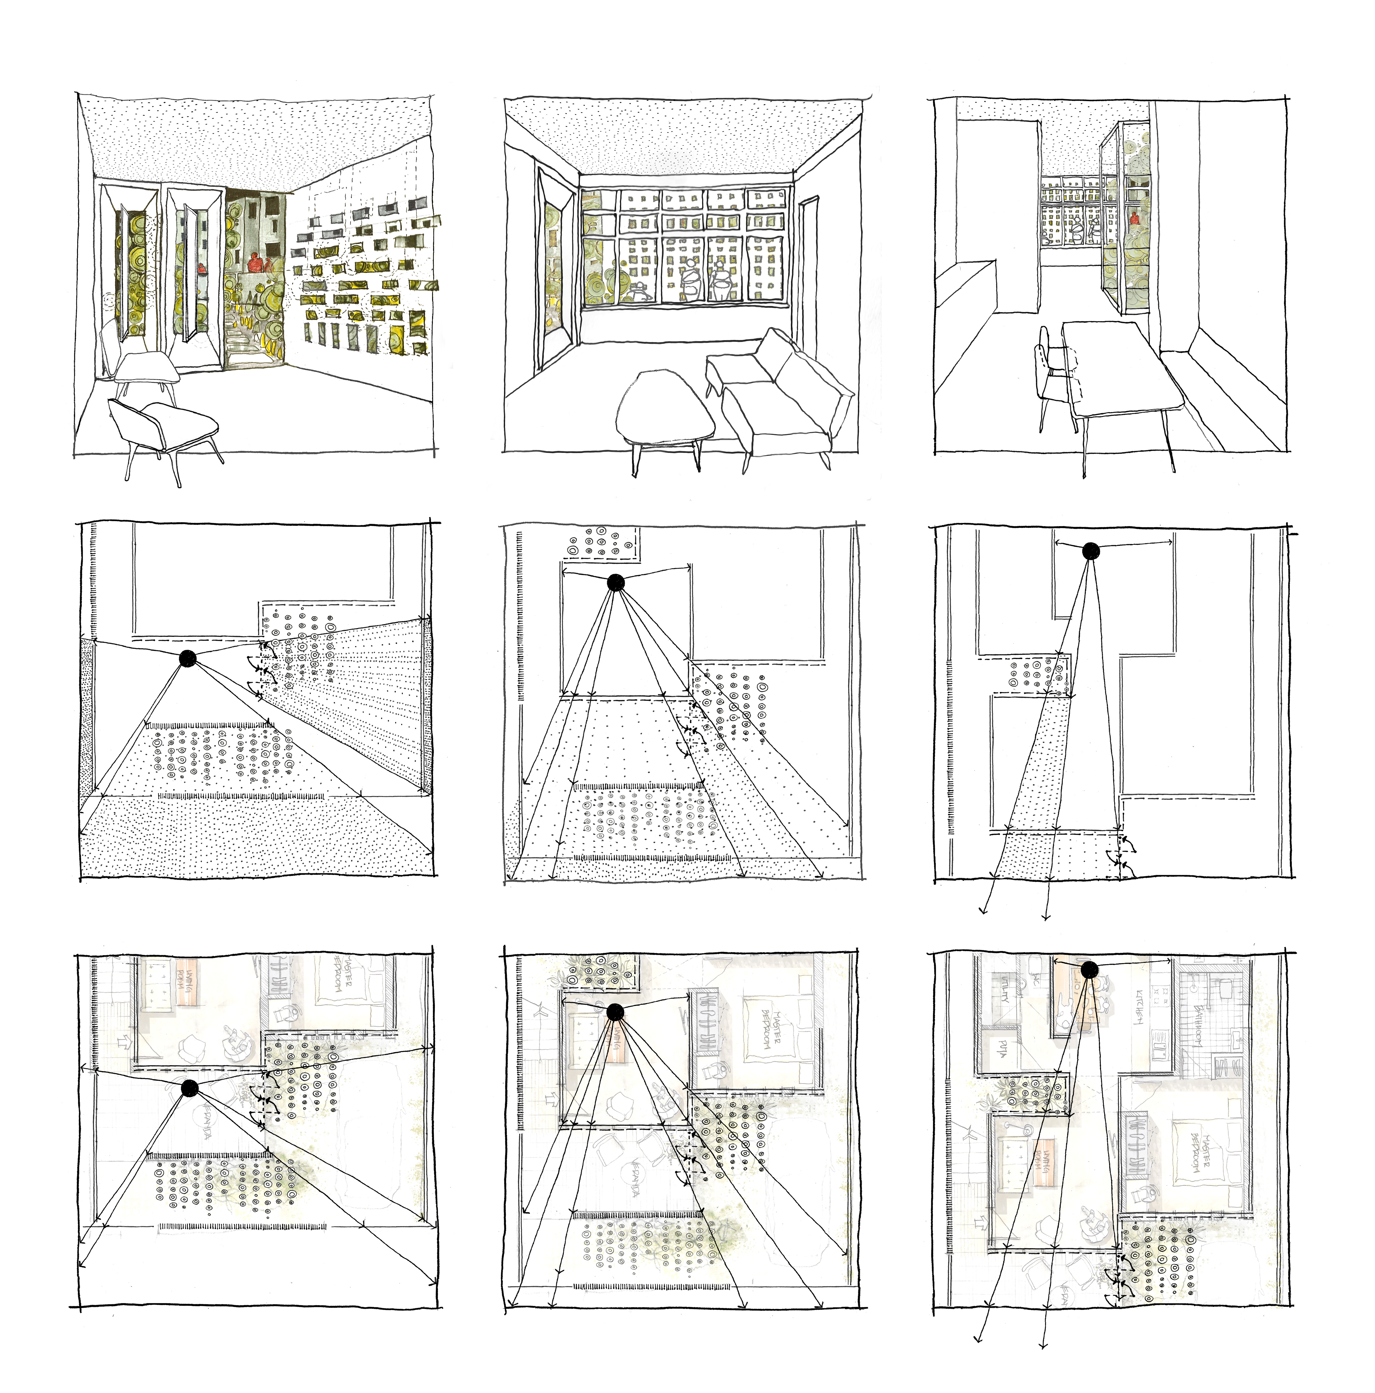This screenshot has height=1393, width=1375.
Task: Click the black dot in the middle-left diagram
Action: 188,658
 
